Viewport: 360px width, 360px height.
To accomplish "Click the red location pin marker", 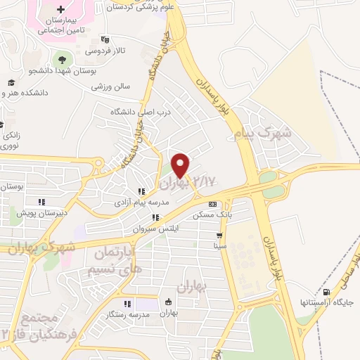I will coord(181,164).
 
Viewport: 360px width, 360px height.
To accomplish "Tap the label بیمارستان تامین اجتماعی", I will coord(61,27).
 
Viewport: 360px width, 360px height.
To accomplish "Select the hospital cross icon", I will coord(60,11).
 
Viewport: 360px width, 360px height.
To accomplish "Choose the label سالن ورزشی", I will coord(111,87).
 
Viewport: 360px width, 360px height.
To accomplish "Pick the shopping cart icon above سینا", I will coord(220,236).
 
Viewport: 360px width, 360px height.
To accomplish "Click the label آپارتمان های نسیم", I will coord(114,260).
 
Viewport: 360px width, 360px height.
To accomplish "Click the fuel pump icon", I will coord(326,292).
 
